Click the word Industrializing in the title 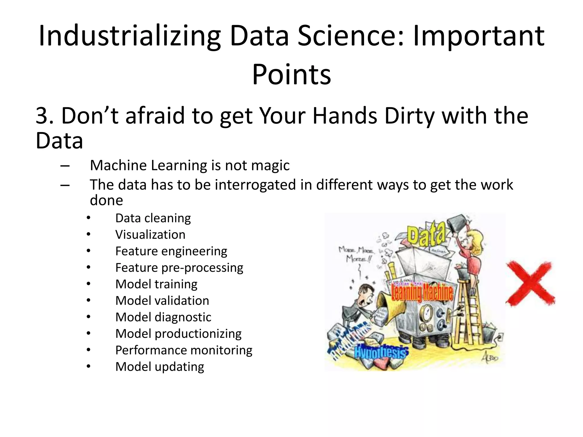[x=130, y=36]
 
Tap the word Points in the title [x=291, y=75]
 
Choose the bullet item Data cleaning [x=153, y=218]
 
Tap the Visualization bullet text [x=150, y=235]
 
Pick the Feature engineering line [x=171, y=251]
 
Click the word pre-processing [x=202, y=268]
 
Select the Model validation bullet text [x=162, y=301]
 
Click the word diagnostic [x=183, y=317]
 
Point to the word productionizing [x=198, y=334]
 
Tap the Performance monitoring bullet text [x=184, y=350]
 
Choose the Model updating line [x=160, y=367]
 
